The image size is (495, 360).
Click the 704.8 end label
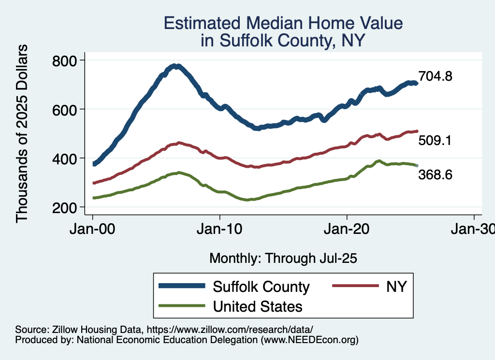point(435,76)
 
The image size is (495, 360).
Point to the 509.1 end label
point(435,141)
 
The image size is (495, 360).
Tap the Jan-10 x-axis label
point(220,229)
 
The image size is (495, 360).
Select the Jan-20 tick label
point(347,229)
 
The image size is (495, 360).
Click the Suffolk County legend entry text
point(261,287)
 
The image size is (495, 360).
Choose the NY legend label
point(396,287)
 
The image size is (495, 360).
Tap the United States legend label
point(258,306)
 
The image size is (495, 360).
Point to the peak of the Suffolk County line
point(177,66)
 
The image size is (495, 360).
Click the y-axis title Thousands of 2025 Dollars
point(22,133)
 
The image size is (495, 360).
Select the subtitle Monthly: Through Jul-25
point(283,259)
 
